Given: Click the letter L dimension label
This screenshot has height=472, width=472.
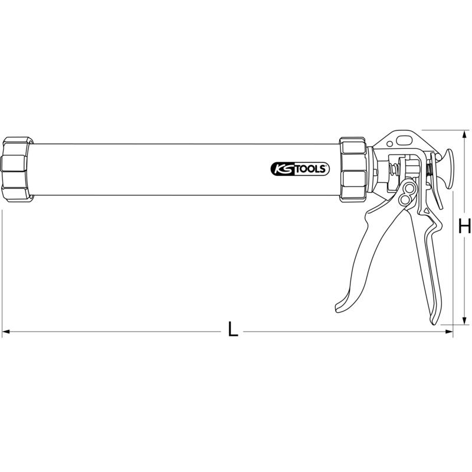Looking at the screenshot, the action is pyautogui.click(x=233, y=329).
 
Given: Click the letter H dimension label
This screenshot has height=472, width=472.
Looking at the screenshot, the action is pyautogui.click(x=464, y=227).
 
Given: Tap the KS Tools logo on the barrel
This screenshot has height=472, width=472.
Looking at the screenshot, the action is pyautogui.click(x=300, y=169).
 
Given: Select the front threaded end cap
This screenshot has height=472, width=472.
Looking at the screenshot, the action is pyautogui.click(x=17, y=169).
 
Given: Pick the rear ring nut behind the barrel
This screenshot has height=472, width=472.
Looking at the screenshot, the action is pyautogui.click(x=353, y=169).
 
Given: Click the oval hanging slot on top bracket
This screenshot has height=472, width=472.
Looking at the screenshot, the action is pyautogui.click(x=405, y=140).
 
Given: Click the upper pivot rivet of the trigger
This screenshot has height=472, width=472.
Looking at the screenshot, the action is pyautogui.click(x=409, y=189).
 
